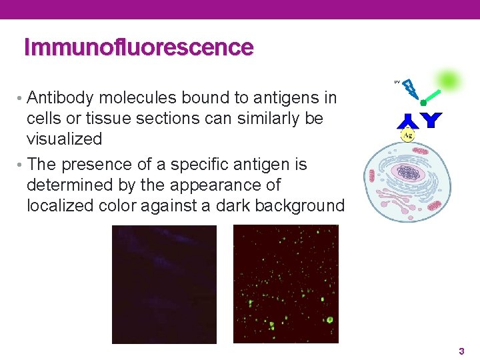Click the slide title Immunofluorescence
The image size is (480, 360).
pos(139,48)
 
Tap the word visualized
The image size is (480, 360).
pos(64,139)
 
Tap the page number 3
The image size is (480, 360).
pos(461,351)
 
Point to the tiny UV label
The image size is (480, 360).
pos(397,82)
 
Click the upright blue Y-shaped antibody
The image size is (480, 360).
pos(432,120)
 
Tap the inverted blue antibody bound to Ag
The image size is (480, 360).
pos(407,121)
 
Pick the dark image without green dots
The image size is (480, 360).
pos(164,284)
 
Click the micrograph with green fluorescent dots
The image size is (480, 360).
pos(285,284)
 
